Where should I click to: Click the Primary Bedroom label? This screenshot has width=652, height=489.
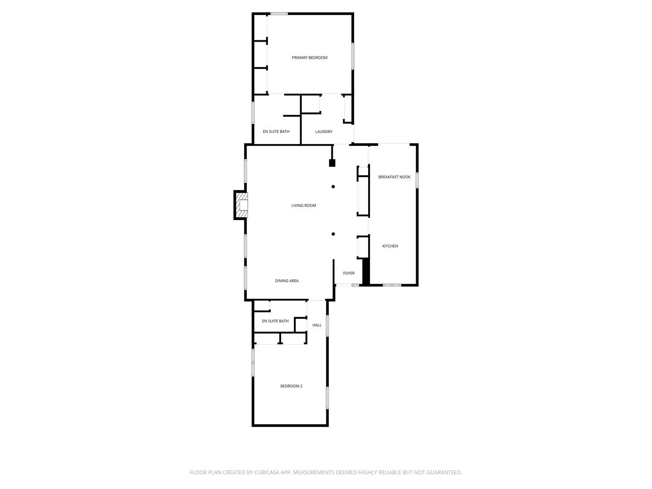tap(309, 58)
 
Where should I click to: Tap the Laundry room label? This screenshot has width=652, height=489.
tap(324, 132)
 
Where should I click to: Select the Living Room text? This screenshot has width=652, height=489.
tap(303, 206)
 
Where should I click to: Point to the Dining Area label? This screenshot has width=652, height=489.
tap(287, 281)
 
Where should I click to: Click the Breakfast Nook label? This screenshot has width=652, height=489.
tap(394, 177)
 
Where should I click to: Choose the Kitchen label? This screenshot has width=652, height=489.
tap(390, 246)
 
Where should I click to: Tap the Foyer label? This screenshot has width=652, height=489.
tap(349, 273)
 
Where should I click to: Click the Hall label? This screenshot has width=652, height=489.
tap(317, 325)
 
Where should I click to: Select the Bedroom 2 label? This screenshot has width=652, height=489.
tap(291, 386)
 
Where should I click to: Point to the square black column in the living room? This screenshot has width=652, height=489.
tap(332, 163)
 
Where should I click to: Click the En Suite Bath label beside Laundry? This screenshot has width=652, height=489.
tap(276, 132)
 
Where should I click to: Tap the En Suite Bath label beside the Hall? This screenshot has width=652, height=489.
tap(275, 321)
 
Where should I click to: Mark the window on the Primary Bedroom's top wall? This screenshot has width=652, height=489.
tap(279, 14)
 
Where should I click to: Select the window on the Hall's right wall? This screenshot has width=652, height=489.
tap(327, 326)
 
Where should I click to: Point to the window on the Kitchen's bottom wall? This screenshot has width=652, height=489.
tap(392, 285)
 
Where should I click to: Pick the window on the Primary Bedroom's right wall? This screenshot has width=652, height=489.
tap(353, 56)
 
